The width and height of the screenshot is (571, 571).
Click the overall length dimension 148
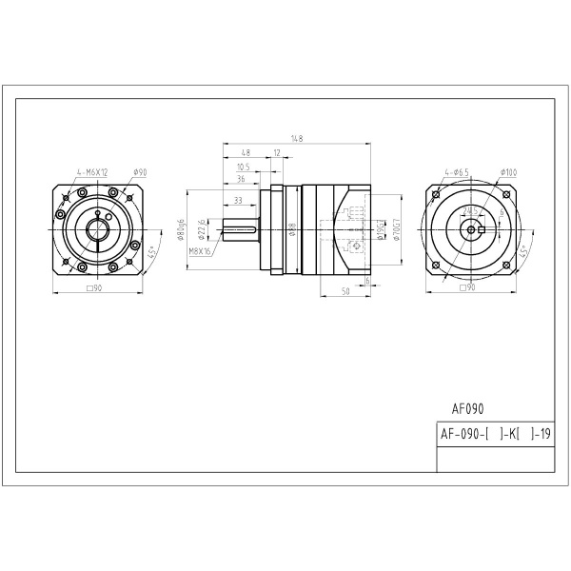(297, 139)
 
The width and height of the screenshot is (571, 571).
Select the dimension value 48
(246, 152)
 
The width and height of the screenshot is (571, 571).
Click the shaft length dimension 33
(237, 201)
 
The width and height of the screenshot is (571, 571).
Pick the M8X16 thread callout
(200, 251)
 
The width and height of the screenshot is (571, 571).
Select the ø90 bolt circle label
(140, 172)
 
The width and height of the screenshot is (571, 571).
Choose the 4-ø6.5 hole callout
(457, 172)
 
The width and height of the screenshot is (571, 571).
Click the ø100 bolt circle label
(507, 172)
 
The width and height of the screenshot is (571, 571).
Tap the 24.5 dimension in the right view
(470, 209)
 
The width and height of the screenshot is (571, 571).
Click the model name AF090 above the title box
(467, 409)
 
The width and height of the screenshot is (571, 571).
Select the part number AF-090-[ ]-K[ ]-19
(495, 434)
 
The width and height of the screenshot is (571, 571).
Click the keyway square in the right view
(483, 229)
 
